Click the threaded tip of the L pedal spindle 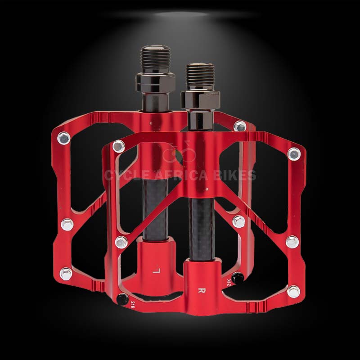154,57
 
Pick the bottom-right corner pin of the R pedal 293,292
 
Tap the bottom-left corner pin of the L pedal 66,273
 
